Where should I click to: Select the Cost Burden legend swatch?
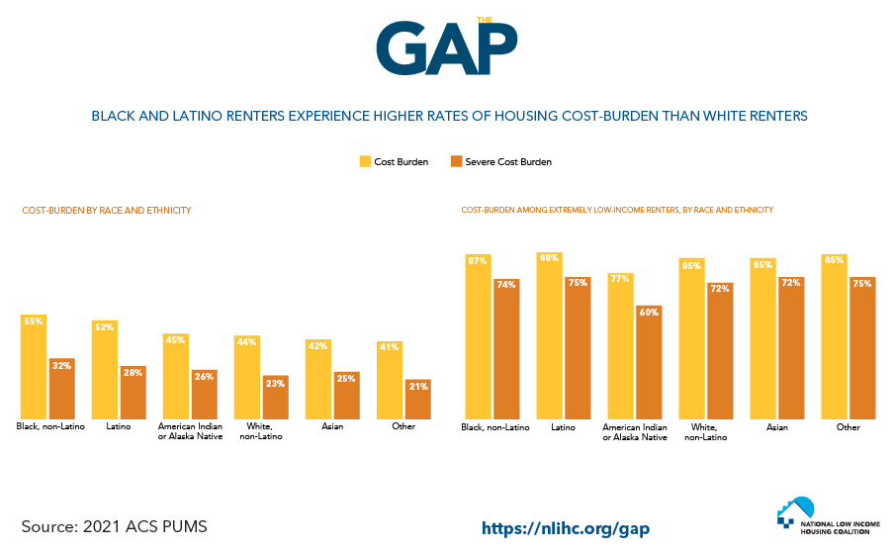tap(365, 161)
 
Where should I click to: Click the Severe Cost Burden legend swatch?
tap(456, 161)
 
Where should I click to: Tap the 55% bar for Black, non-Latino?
tap(34, 367)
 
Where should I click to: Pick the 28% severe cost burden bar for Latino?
tap(134, 392)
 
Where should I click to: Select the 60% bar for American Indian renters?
tap(649, 361)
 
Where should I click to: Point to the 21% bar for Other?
tap(418, 399)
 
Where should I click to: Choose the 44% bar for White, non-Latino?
tap(247, 377)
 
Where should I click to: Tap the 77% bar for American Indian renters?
tap(620, 345)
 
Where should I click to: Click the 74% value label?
tap(506, 285)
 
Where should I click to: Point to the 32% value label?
tap(62, 365)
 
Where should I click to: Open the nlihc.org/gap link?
tap(566, 528)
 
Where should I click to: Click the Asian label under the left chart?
tap(331, 426)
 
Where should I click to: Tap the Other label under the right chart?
tap(848, 427)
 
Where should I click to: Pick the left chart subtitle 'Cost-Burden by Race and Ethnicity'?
tap(106, 211)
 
